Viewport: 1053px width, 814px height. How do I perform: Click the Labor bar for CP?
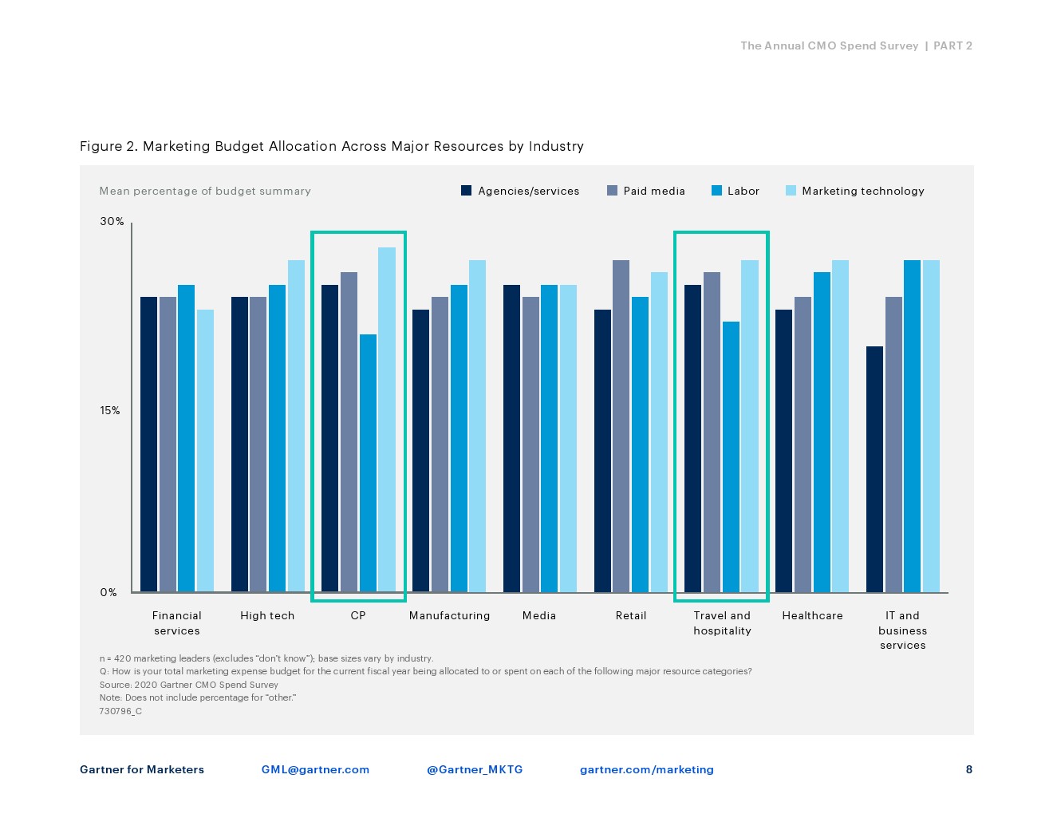[368, 463]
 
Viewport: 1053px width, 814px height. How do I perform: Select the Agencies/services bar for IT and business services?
[874, 469]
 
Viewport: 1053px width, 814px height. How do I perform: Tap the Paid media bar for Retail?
[621, 426]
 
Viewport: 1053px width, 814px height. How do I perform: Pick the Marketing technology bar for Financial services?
[205, 451]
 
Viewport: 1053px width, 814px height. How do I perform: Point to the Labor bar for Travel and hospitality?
[731, 456]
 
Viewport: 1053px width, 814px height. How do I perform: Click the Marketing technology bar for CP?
[387, 420]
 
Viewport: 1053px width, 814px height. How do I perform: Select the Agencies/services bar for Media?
[511, 438]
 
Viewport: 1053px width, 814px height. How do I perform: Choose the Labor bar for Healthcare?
[822, 432]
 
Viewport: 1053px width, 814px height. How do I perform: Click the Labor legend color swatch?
[716, 191]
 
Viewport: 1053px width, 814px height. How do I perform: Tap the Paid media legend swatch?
[612, 191]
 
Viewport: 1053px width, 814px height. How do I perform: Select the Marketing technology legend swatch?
[791, 191]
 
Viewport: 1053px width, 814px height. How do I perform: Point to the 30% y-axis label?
[112, 222]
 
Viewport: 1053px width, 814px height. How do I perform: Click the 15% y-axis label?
[110, 411]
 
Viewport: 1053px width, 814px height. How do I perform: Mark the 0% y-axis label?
[108, 592]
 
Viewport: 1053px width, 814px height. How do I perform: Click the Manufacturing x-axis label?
[450, 616]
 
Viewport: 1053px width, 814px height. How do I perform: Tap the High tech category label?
[267, 616]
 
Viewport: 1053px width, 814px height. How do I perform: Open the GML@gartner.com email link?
[315, 770]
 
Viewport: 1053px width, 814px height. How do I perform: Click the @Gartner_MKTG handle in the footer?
[475, 770]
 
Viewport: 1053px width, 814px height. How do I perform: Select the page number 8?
[969, 769]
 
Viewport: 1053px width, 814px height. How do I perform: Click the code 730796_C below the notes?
[120, 711]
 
